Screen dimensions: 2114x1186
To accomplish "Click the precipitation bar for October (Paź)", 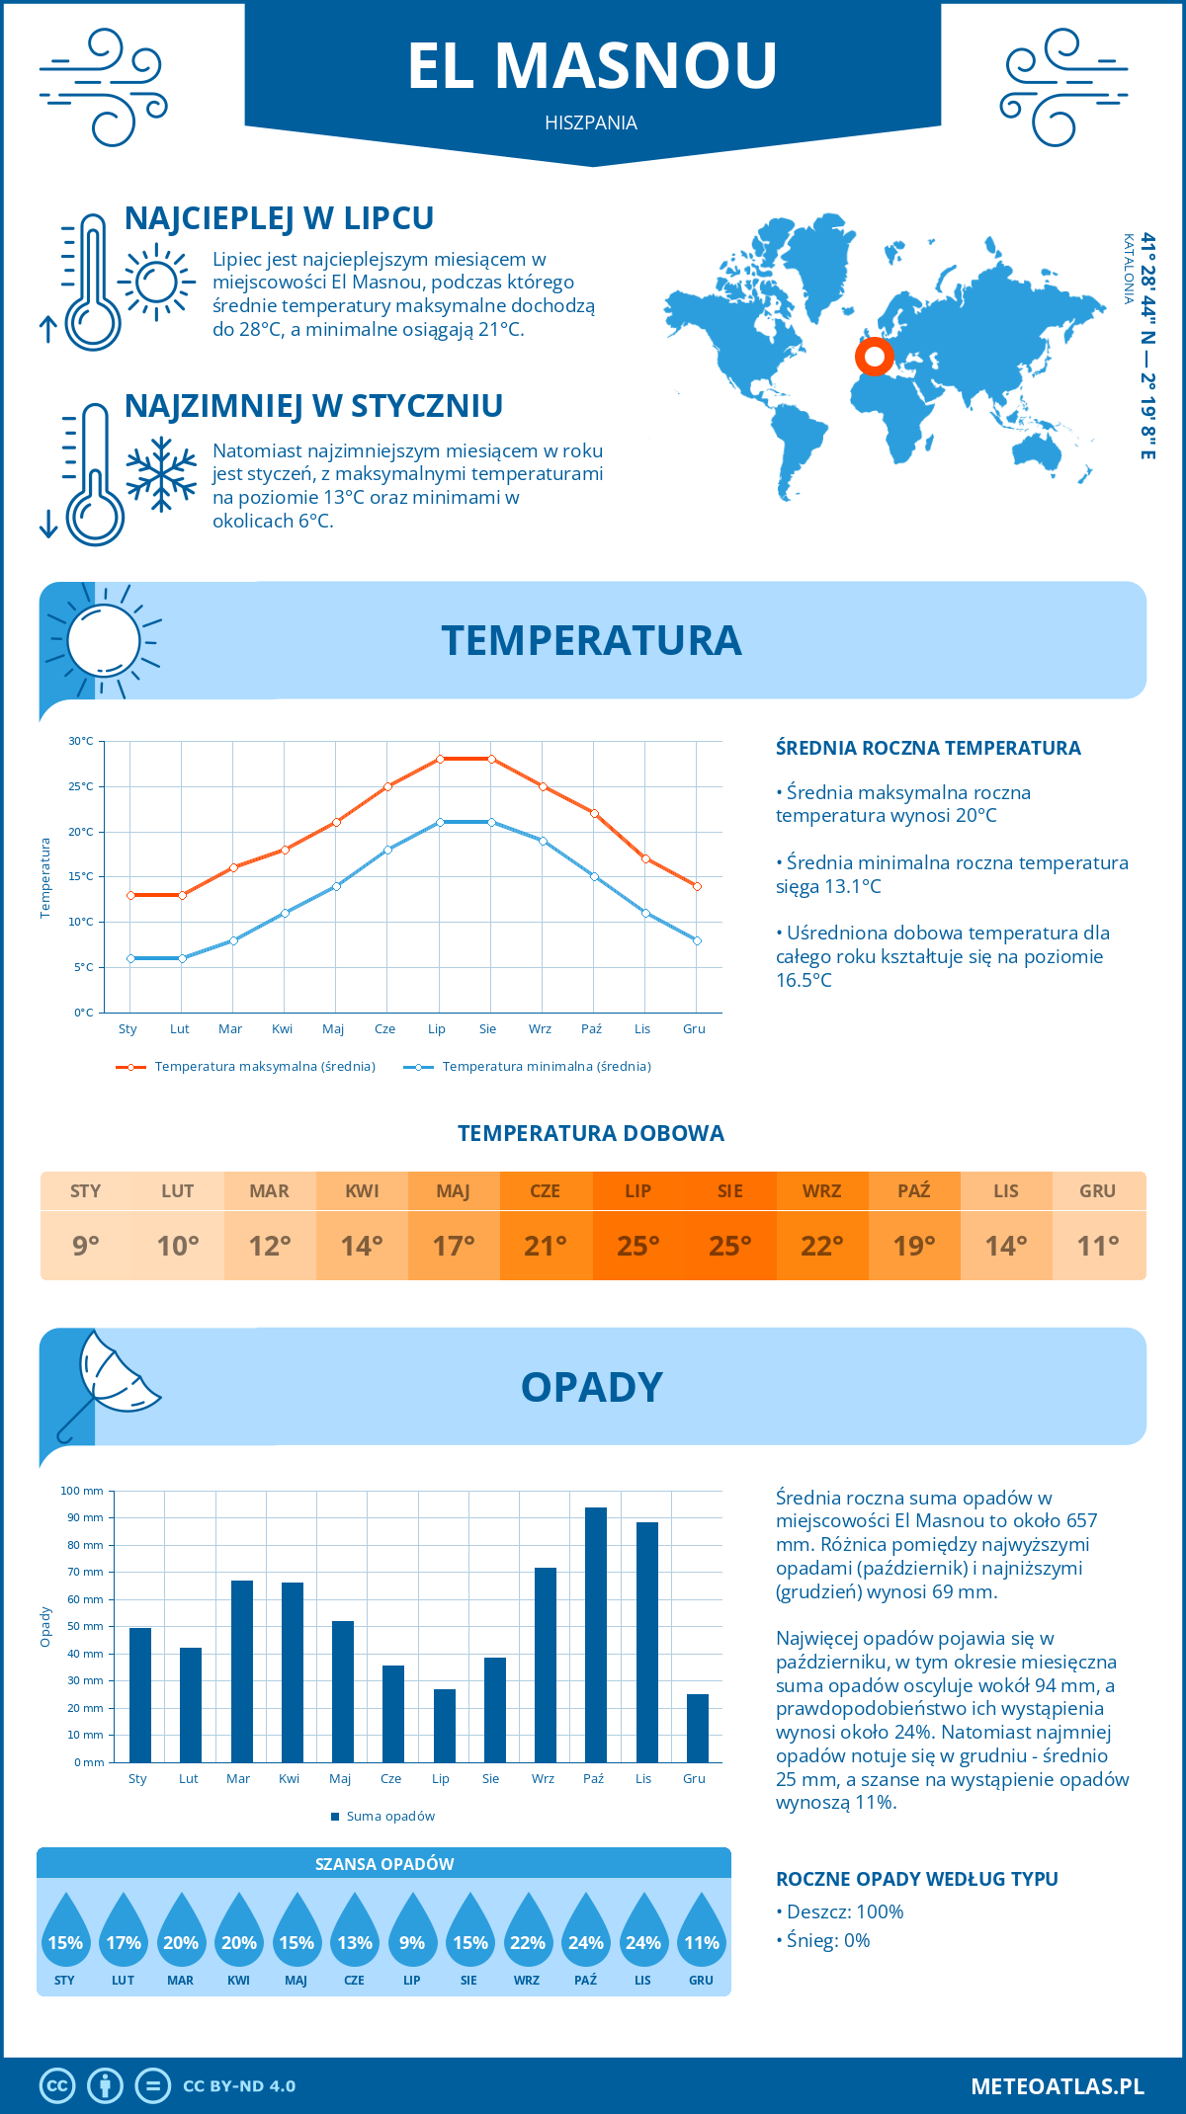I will pos(595,1635).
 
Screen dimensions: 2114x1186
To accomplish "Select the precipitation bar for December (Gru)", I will pos(697,1728).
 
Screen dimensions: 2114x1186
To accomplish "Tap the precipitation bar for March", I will pos(241,1671).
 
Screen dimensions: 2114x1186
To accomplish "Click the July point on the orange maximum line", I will pos(440,759).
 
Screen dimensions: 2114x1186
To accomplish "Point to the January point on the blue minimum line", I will pos(130,958).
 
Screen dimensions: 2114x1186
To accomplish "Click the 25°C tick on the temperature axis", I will pos(81,786).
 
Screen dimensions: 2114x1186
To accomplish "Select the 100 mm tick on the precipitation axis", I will pos(82,1491).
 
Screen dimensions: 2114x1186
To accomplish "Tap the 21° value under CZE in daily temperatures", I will pos(546,1246).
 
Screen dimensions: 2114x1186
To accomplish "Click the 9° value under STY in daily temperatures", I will pos(86,1246).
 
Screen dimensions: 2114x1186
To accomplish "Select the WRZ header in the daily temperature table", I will pos(821,1191).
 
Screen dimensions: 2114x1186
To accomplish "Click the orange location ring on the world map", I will pos(874,357).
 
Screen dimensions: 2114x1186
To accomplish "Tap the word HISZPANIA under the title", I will pos(591,122).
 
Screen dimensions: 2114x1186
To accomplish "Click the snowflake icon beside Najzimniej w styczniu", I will pos(161,474).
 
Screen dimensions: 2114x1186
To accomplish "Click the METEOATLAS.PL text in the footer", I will pos(1057,2086).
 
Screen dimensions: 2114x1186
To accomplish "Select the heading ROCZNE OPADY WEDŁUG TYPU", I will pos(916,1879).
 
